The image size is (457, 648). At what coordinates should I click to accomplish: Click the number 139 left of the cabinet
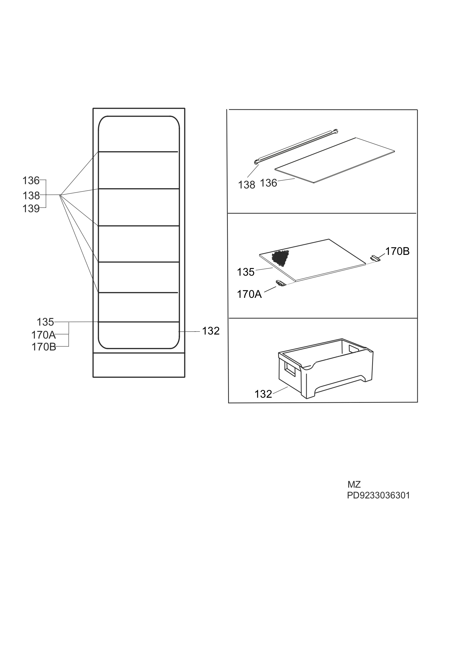(31, 208)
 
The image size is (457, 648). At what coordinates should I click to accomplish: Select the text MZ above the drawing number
(354, 484)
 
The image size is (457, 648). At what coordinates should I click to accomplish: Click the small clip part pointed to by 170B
(375, 258)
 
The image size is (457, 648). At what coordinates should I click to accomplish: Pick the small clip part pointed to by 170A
(281, 283)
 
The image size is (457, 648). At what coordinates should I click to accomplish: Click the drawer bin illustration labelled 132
(326, 368)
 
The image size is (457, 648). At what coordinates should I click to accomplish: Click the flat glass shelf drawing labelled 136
(335, 160)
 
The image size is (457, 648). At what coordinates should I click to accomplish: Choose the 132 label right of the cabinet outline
(211, 331)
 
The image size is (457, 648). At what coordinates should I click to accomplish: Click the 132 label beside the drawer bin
(263, 394)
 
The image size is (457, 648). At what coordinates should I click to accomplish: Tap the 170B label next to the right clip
(397, 251)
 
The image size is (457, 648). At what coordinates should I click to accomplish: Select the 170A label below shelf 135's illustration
(249, 294)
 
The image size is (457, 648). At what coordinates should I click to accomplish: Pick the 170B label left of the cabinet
(44, 347)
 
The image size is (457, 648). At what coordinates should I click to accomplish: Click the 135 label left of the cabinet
(45, 322)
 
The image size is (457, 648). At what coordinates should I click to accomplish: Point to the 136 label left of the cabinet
(31, 181)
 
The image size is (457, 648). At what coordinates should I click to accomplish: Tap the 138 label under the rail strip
(246, 185)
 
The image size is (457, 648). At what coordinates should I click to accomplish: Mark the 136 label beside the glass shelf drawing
(268, 183)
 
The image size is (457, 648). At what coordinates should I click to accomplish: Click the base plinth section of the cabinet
(139, 365)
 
